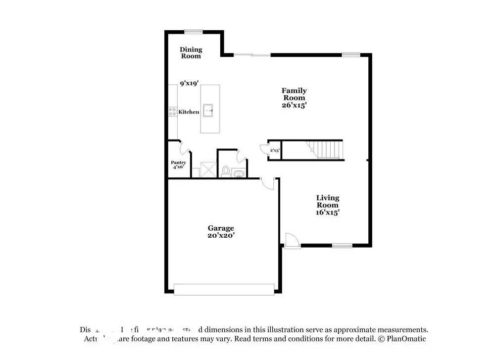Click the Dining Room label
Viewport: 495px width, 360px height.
click(x=191, y=52)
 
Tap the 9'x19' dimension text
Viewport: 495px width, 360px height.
click(x=190, y=84)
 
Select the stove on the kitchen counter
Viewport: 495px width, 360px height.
click(x=173, y=112)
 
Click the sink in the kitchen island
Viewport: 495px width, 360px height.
click(x=210, y=109)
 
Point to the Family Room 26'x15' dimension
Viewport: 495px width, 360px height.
click(x=294, y=105)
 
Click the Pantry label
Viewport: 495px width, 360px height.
click(x=178, y=162)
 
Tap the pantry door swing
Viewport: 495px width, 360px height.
click(x=184, y=147)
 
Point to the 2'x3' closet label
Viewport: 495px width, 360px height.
click(x=274, y=150)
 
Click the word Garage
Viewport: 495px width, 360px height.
click(x=221, y=228)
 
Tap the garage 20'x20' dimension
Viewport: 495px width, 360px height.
click(x=221, y=236)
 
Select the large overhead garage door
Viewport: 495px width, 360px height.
click(x=224, y=289)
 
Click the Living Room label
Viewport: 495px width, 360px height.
click(x=328, y=201)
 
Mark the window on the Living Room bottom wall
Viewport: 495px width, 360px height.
click(x=342, y=245)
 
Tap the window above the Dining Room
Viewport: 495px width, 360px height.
click(x=194, y=32)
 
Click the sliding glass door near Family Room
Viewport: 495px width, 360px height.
click(x=252, y=54)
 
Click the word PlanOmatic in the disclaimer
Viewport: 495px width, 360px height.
click(x=407, y=339)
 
